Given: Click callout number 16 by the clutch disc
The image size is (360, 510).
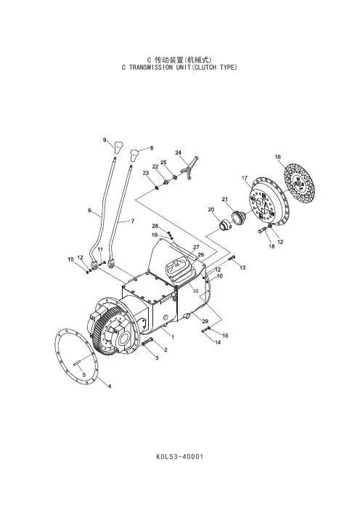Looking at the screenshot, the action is click(x=278, y=157).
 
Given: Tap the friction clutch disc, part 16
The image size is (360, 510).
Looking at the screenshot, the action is click(x=300, y=183).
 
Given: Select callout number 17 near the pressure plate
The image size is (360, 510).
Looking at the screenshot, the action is click(x=245, y=178).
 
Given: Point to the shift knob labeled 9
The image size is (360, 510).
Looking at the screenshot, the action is click(x=118, y=147).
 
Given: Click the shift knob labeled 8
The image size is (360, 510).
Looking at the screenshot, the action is click(x=136, y=155).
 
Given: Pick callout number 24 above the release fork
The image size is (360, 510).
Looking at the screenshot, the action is click(x=179, y=153).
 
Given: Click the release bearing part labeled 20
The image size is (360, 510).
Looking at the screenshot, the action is click(x=224, y=224).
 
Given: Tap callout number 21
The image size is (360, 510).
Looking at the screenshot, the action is click(x=225, y=199).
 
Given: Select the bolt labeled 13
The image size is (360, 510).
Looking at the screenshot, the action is click(x=232, y=259).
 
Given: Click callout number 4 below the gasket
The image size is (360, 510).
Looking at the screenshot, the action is click(x=110, y=386).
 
